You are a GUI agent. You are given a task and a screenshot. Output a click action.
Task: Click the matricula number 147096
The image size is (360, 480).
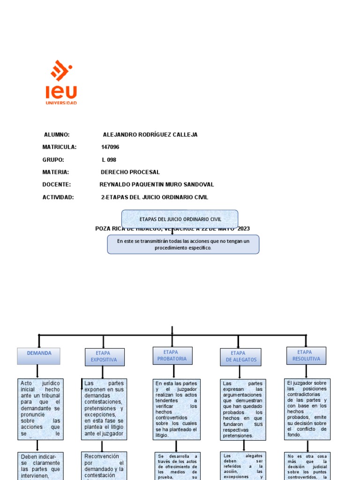pyautogui.click(x=110, y=147)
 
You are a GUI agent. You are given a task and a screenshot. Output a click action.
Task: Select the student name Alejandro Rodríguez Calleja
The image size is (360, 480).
pyautogui.click(x=150, y=135)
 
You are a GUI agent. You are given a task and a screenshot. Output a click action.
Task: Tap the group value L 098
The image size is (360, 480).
pyautogui.click(x=109, y=160)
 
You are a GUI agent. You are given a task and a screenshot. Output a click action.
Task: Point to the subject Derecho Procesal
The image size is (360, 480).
pyautogui.click(x=130, y=172)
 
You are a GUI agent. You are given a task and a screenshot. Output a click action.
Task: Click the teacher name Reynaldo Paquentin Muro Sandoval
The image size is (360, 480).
pyautogui.click(x=157, y=185)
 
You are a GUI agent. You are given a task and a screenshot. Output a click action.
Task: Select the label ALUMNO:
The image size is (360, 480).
pyautogui.click(x=56, y=135)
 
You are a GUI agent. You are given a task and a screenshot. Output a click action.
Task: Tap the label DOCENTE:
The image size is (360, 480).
pyautogui.click(x=56, y=185)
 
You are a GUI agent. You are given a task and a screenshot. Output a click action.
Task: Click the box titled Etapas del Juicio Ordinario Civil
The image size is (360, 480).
pyautogui.click(x=180, y=219)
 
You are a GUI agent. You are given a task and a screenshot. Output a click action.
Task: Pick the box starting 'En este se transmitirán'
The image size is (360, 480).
pyautogui.click(x=183, y=244)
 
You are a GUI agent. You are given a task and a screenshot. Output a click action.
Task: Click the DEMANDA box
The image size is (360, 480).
pyautogui.click(x=39, y=356)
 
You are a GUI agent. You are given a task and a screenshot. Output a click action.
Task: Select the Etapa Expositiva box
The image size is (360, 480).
pyautogui.click(x=104, y=357)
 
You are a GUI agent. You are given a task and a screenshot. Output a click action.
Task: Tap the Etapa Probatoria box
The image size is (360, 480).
pyautogui.click(x=172, y=355)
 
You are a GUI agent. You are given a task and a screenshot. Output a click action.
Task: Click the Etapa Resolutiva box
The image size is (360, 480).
pyautogui.click(x=306, y=355)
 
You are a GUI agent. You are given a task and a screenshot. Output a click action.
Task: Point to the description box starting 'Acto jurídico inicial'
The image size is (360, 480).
pyautogui.click(x=40, y=409)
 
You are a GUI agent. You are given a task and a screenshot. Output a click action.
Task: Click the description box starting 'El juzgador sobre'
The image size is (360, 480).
pyautogui.click(x=307, y=409)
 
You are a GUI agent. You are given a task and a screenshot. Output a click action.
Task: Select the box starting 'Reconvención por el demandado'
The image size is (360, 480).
pyautogui.click(x=104, y=465)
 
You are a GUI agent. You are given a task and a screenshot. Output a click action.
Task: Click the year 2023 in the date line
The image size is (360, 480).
pyautogui.click(x=243, y=229)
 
